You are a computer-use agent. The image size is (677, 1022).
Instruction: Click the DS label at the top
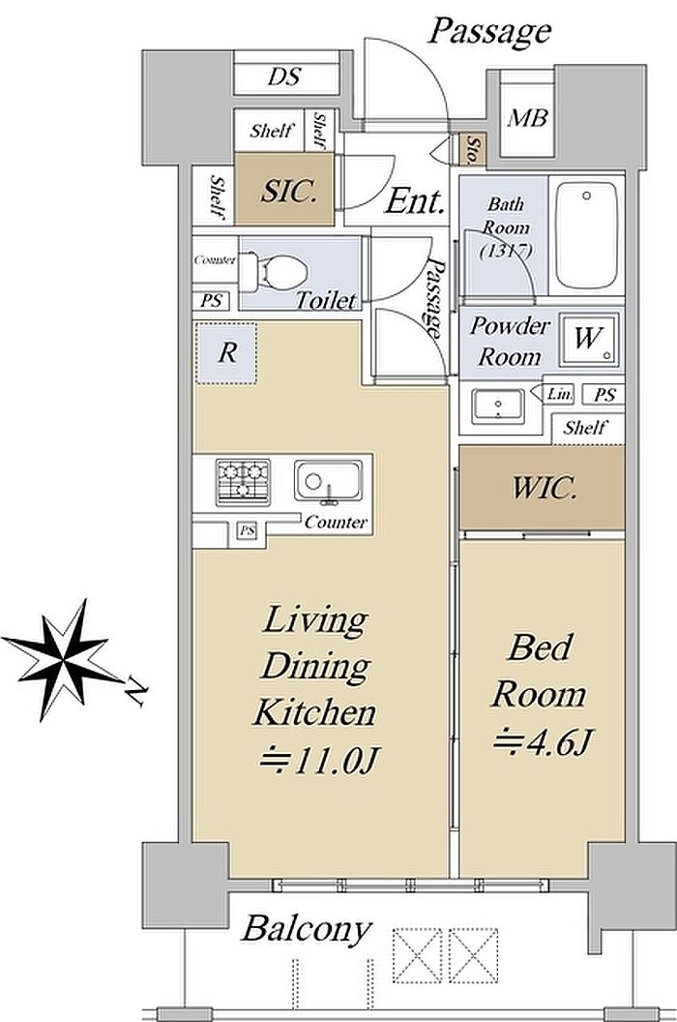pos(284,76)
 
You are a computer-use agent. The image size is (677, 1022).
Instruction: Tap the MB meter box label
pos(528,118)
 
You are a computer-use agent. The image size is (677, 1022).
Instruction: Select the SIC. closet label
pos(288,191)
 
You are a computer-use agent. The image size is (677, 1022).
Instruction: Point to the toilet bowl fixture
pos(274,273)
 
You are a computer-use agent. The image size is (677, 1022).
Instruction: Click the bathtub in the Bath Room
pos(586,237)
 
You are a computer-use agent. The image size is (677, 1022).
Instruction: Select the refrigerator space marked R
pos(226,352)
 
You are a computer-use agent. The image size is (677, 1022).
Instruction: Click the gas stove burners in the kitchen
pos(243,482)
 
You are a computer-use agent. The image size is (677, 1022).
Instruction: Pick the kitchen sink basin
pos(328,482)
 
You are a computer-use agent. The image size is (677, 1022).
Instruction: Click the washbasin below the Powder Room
pos(498,405)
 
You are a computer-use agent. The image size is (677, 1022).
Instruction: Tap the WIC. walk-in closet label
pos(545,488)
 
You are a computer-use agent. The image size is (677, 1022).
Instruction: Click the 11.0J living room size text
pos(319,760)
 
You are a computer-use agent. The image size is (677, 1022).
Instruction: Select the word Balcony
pos(307,928)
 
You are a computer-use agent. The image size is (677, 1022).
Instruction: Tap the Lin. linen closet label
pos(560,394)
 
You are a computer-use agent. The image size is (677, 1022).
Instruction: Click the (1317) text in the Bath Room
pos(507,251)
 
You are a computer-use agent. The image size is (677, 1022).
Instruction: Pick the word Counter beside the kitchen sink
pos(336,522)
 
